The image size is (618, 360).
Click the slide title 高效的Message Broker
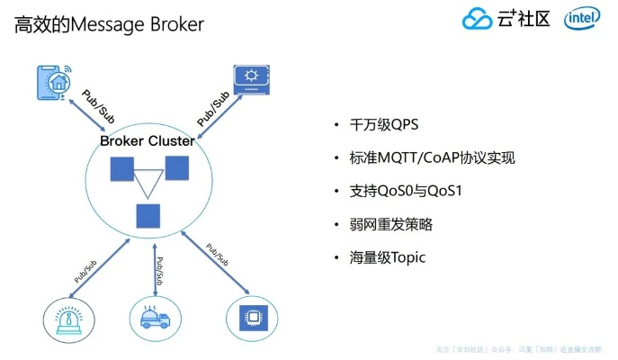[109, 24]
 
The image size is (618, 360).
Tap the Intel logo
[583, 20]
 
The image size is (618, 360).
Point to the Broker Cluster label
[147, 141]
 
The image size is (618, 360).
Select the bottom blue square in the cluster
[148, 216]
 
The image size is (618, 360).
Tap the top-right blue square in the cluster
[176, 167]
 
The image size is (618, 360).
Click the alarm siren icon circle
[69, 319]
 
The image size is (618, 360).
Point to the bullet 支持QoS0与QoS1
[397, 191]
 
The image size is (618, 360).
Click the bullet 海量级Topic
[387, 257]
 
